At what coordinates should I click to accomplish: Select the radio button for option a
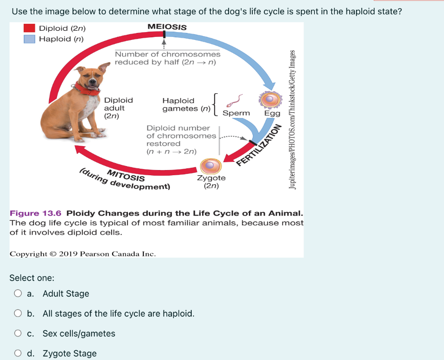tap(18, 294)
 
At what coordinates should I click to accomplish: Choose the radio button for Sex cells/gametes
tap(18, 334)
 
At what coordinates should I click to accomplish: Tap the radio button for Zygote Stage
tap(18, 353)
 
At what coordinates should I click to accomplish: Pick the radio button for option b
tap(18, 313)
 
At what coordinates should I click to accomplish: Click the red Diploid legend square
tap(29, 28)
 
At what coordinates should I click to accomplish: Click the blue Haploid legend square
tap(29, 39)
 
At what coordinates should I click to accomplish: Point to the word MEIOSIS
tap(167, 27)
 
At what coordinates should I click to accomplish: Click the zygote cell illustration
tap(211, 166)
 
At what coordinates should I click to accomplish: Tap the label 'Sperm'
tap(236, 113)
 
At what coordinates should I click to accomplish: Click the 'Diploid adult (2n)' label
tap(118, 108)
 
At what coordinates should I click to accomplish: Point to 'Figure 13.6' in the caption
tap(36, 213)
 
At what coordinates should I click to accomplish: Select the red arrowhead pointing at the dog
tap(80, 150)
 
